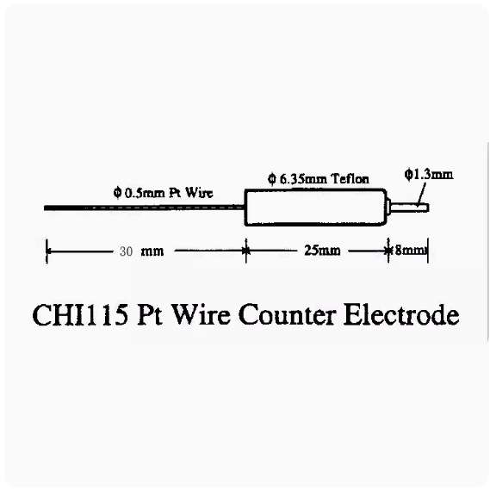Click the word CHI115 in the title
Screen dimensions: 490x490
[x=80, y=314]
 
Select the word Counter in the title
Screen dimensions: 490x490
[x=288, y=314]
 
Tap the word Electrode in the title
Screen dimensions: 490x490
[x=401, y=314]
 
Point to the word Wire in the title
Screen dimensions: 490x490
[x=202, y=314]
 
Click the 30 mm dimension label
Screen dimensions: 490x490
[x=141, y=251]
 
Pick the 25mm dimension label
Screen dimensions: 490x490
[x=322, y=251]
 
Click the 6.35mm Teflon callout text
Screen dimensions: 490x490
[x=319, y=179]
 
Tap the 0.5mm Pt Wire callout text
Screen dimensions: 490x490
[x=163, y=193]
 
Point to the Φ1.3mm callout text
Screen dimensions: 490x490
[x=429, y=174]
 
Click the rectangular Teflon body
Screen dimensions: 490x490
[x=316, y=208]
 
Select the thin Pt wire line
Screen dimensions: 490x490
[x=144, y=208]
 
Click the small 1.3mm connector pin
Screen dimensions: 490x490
[x=408, y=208]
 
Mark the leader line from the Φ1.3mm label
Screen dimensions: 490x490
[x=421, y=195]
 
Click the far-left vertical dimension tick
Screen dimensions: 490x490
[x=47, y=251]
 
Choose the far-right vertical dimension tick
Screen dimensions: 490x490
[x=428, y=251]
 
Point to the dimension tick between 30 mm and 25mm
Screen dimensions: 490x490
[x=246, y=251]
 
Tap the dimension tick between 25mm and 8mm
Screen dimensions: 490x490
[x=388, y=251]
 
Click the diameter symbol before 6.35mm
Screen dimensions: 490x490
[x=272, y=179]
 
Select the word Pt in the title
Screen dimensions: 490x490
[x=149, y=315]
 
